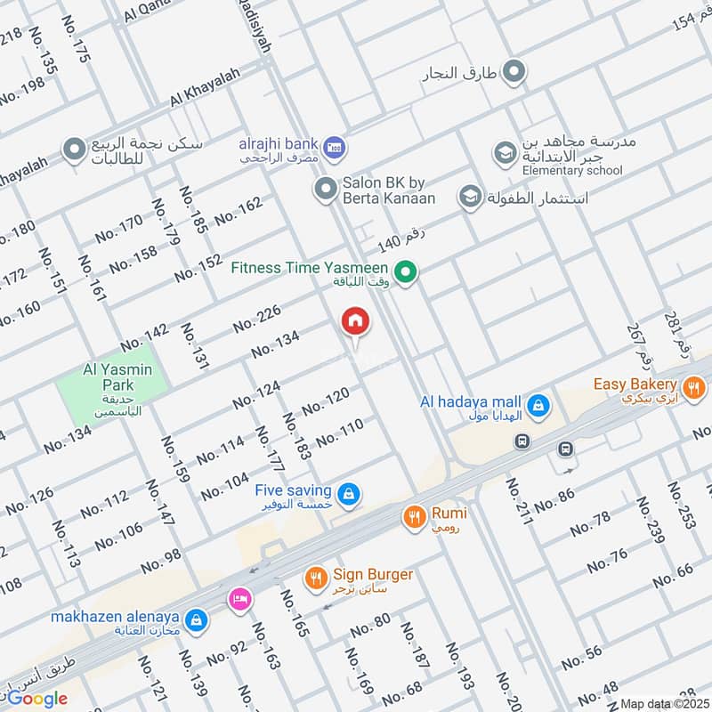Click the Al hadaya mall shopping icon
coord(538,407)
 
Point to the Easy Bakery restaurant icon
coord(694,388)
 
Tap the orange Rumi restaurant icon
coord(413,516)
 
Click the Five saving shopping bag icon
coord(350,494)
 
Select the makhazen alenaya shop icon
coord(198,620)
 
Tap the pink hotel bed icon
coord(239,599)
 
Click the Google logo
coord(37,699)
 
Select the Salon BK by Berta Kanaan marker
coord(323,188)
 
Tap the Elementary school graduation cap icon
coord(505,154)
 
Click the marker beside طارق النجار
coord(514,73)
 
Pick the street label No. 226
coord(257,319)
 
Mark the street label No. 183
coord(296,437)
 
